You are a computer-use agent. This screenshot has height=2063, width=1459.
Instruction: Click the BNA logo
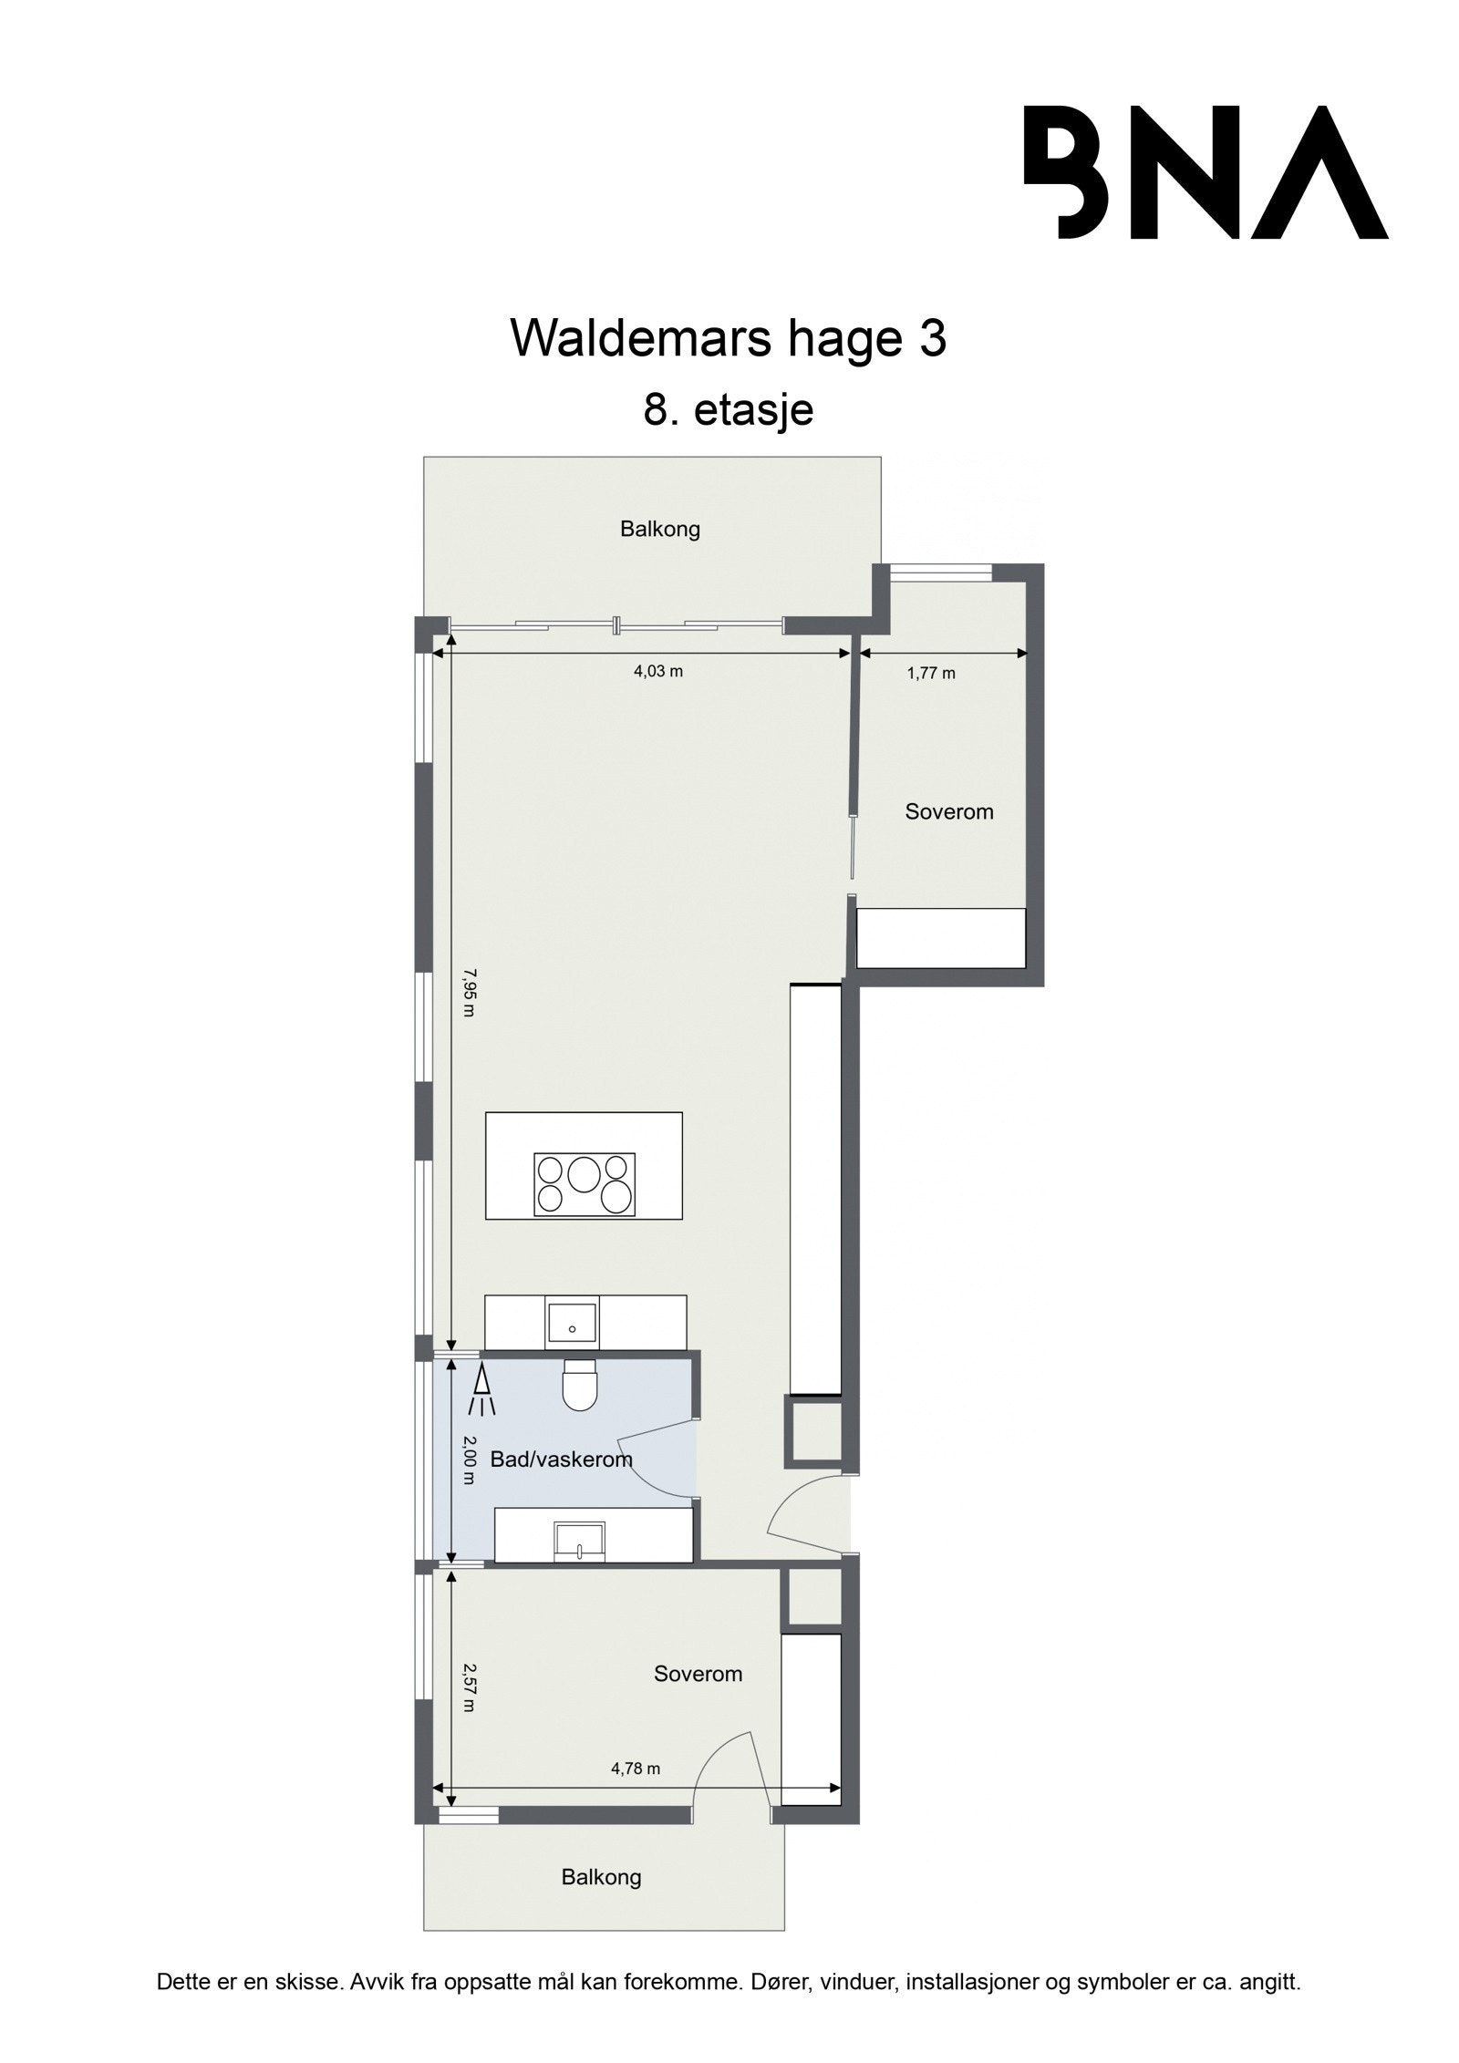[x=1205, y=172]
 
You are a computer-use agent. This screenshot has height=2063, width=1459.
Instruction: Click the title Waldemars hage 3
[x=729, y=339]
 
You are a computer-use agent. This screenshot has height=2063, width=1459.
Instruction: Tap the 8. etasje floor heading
[x=728, y=409]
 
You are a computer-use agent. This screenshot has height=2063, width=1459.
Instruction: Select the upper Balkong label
[x=660, y=529]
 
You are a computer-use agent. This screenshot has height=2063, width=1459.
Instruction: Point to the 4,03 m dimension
[x=658, y=672]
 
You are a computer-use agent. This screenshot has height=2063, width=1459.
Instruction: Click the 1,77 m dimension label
[x=931, y=674]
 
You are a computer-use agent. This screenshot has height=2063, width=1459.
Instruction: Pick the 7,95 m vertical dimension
[x=468, y=993]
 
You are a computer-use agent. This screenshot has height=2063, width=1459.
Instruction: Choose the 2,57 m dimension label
[x=468, y=1687]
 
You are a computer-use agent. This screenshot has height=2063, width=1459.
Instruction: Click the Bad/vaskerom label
[x=561, y=1460]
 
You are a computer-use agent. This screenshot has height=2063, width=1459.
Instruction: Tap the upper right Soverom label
[x=948, y=811]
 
